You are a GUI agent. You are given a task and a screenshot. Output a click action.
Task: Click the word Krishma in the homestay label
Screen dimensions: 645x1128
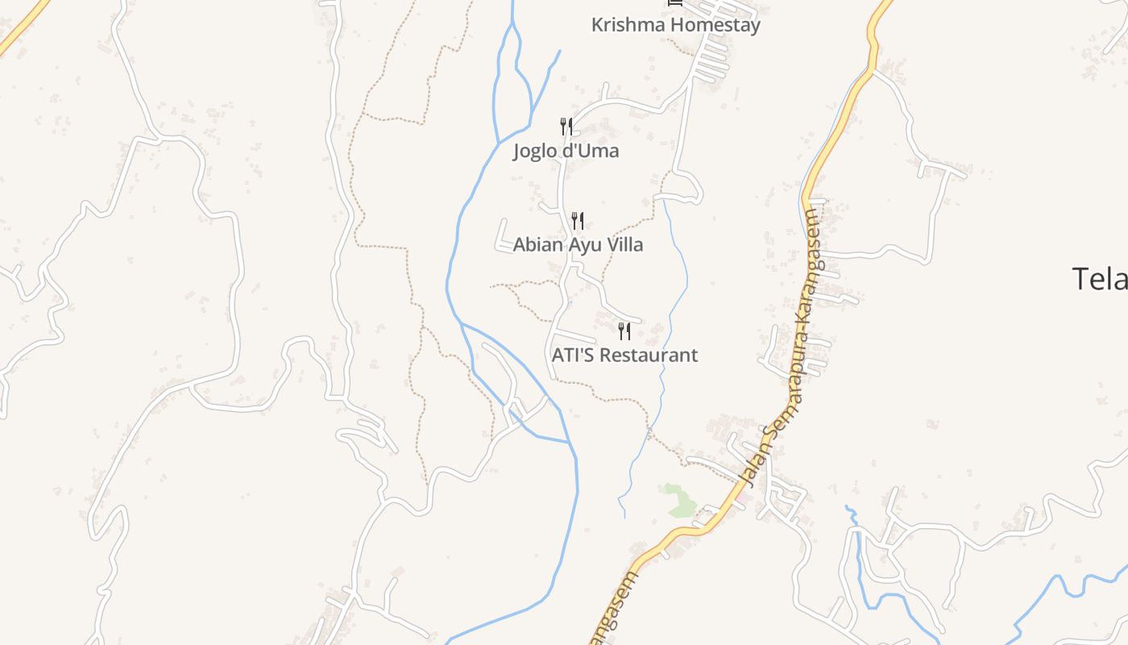(628, 25)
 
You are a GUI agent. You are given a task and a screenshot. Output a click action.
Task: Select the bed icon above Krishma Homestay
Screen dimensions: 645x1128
(675, 3)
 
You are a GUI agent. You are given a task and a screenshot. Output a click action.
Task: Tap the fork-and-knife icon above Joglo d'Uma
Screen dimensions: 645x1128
(566, 127)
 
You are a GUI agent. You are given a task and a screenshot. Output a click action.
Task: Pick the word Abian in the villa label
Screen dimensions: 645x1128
(537, 244)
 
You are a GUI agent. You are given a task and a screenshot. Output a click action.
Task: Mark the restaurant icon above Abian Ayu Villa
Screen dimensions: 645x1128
(578, 220)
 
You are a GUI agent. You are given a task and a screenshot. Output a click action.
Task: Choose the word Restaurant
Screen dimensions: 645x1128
(649, 355)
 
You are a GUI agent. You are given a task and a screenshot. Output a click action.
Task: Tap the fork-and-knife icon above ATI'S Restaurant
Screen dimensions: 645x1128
(624, 331)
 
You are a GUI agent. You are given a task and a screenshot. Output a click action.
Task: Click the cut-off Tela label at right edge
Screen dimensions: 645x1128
(1099, 279)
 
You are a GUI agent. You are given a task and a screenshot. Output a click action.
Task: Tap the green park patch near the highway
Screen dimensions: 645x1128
(679, 501)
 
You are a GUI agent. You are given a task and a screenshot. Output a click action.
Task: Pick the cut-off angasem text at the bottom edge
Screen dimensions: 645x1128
(614, 610)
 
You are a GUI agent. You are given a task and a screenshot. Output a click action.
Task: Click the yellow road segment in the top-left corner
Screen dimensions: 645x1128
(19, 28)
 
